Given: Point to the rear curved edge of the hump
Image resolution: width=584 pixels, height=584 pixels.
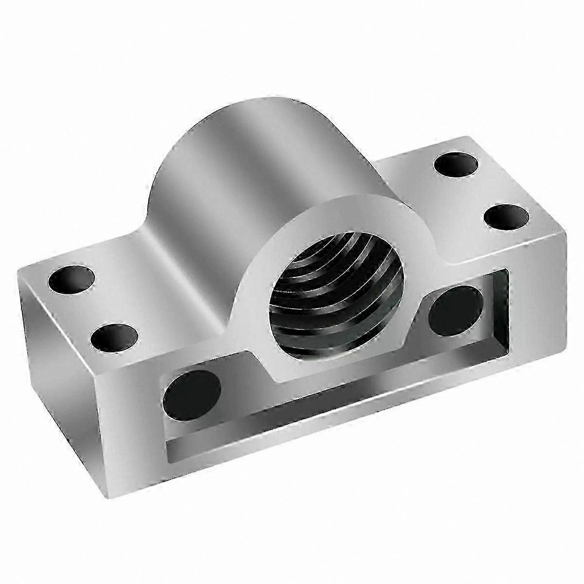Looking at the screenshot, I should click(x=195, y=131).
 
